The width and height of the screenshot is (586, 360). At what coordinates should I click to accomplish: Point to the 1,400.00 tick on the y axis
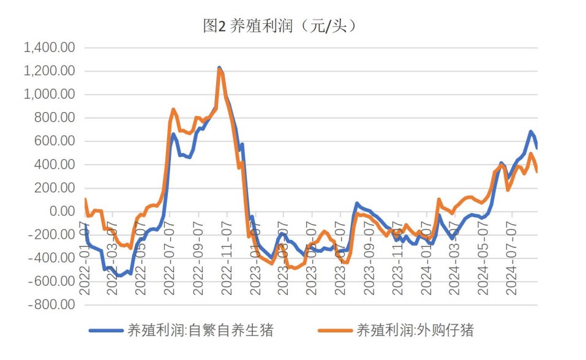49,48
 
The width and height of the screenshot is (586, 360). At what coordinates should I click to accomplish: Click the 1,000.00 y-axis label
49,95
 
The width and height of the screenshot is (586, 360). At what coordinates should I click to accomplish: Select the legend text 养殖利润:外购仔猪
415,331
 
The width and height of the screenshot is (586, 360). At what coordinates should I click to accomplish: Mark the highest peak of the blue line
219,68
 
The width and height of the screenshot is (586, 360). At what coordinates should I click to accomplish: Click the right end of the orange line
537,171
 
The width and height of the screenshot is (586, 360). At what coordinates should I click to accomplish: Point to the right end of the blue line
537,148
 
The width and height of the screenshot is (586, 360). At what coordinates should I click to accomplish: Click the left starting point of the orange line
85,199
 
